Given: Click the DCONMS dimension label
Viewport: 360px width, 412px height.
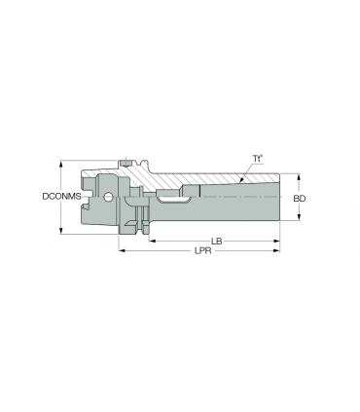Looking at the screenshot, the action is (x=61, y=197).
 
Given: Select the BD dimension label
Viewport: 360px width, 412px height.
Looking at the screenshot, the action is (x=300, y=199).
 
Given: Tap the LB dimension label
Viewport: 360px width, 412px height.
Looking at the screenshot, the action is (x=216, y=242).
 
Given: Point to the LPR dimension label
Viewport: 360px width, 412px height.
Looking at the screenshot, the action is (x=202, y=250).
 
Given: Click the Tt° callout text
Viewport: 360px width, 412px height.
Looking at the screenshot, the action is (x=258, y=159).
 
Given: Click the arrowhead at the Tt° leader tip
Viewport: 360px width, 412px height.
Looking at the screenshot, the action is (x=241, y=180).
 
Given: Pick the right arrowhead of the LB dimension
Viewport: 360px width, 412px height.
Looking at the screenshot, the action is (x=276, y=241).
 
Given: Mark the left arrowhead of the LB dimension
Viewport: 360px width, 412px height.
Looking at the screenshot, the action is (x=152, y=241).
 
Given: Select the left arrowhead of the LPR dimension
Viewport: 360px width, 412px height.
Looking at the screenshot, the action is (x=122, y=250).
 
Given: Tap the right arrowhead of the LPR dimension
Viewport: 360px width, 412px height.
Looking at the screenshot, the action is (x=276, y=250).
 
